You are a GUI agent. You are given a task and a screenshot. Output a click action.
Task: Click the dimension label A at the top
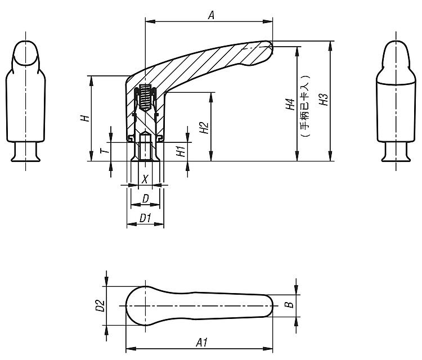coord(212,15)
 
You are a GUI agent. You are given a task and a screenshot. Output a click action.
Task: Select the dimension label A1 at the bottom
coord(202,343)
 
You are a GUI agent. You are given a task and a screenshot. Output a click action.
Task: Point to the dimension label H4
coord(290,104)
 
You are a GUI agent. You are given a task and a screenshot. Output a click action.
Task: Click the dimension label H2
coord(204,128)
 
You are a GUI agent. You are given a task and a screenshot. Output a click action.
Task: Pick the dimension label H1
coord(181,151)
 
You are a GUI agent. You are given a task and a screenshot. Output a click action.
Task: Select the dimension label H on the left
coord(85,118)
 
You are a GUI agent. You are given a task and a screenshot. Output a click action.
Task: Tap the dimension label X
coord(145,179)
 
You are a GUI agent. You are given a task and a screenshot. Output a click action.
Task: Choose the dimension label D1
coord(145,218)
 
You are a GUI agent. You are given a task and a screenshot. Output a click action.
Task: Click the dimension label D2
coord(100,305)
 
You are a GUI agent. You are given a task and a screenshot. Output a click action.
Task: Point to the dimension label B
coord(289,305)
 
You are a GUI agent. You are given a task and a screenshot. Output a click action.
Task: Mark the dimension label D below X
coord(145,199)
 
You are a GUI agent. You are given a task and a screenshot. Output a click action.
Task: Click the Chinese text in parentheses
coord(306,106)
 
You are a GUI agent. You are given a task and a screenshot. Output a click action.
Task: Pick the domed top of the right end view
coord(396,62)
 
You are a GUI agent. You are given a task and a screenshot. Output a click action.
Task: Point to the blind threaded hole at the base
coord(145,147)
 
